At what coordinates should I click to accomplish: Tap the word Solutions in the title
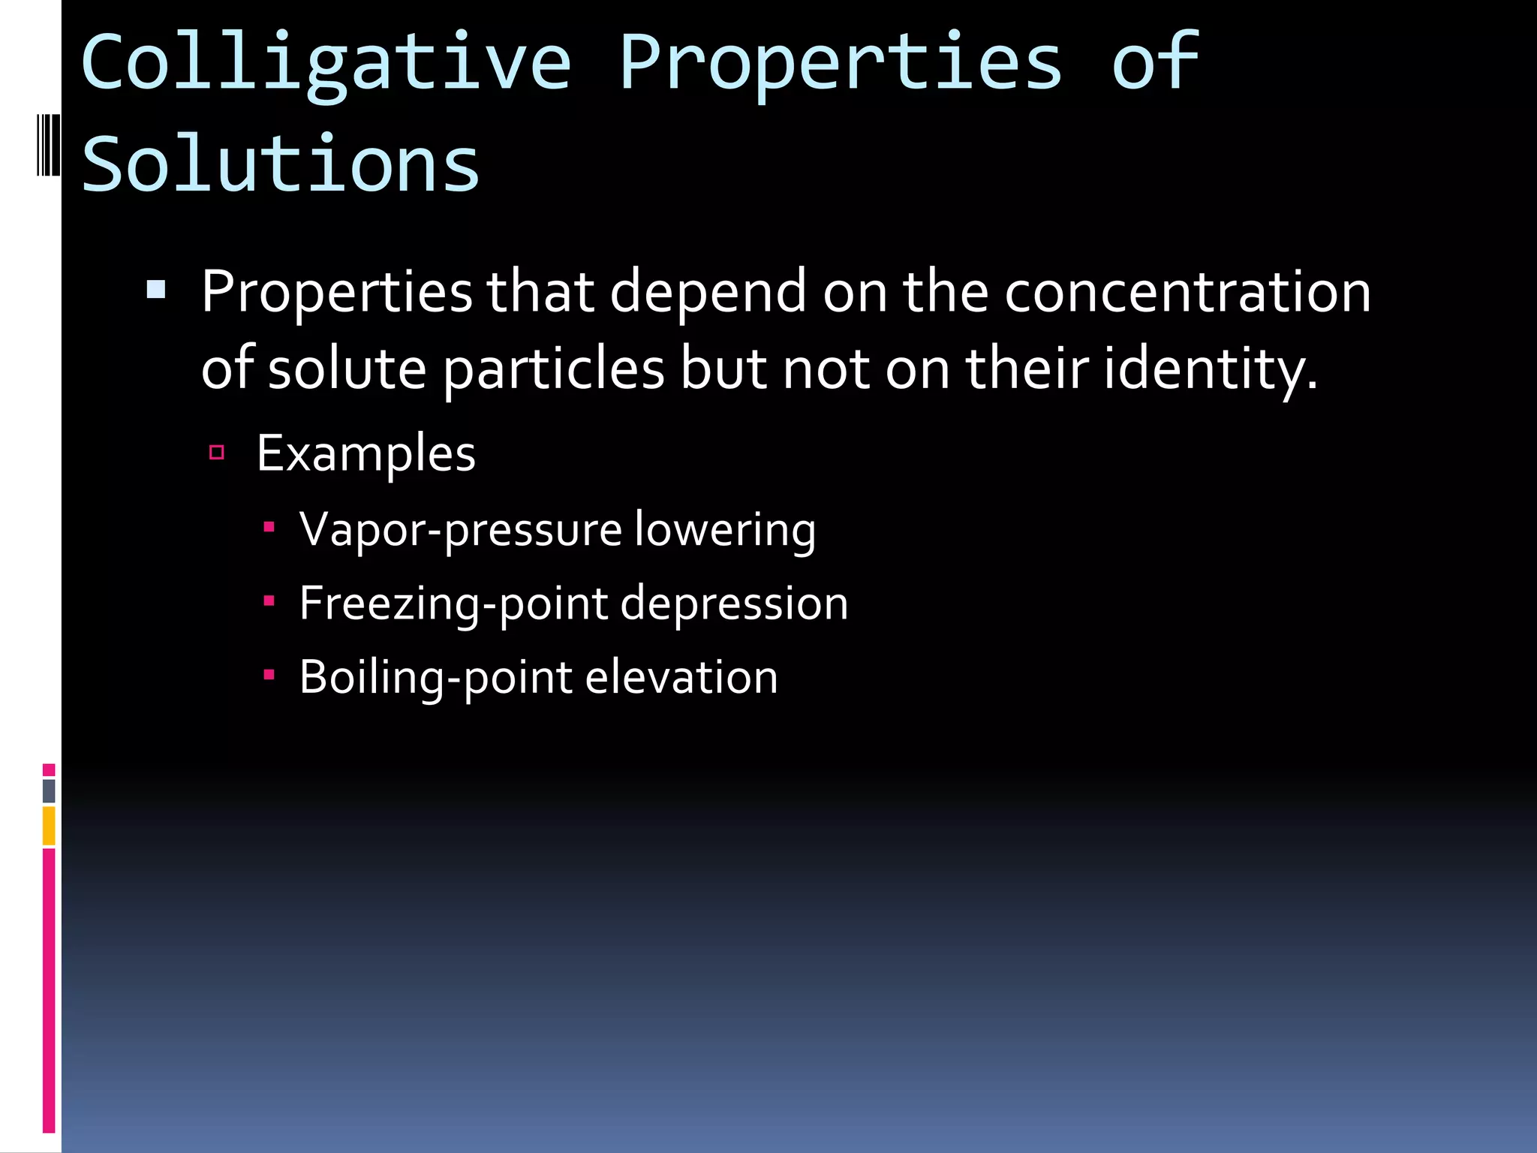[280, 164]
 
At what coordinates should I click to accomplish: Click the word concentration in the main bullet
[1187, 292]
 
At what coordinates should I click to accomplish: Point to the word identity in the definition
[1209, 369]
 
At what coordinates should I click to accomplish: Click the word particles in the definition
[553, 369]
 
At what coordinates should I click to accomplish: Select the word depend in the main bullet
[708, 292]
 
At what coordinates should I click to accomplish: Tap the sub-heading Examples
[365, 454]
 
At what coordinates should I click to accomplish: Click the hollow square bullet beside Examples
[217, 452]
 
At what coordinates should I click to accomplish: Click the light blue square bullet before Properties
[156, 290]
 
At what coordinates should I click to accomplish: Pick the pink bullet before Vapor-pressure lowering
[269, 527]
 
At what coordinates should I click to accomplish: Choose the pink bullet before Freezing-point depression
[269, 601]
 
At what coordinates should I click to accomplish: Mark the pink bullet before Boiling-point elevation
[269, 675]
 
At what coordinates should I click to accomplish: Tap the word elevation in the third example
[681, 678]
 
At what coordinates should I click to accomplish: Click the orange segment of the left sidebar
[49, 825]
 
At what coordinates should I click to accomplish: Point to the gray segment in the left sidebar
[49, 790]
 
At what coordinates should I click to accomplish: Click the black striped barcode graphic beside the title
[48, 145]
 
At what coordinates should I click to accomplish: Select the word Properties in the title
[840, 64]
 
